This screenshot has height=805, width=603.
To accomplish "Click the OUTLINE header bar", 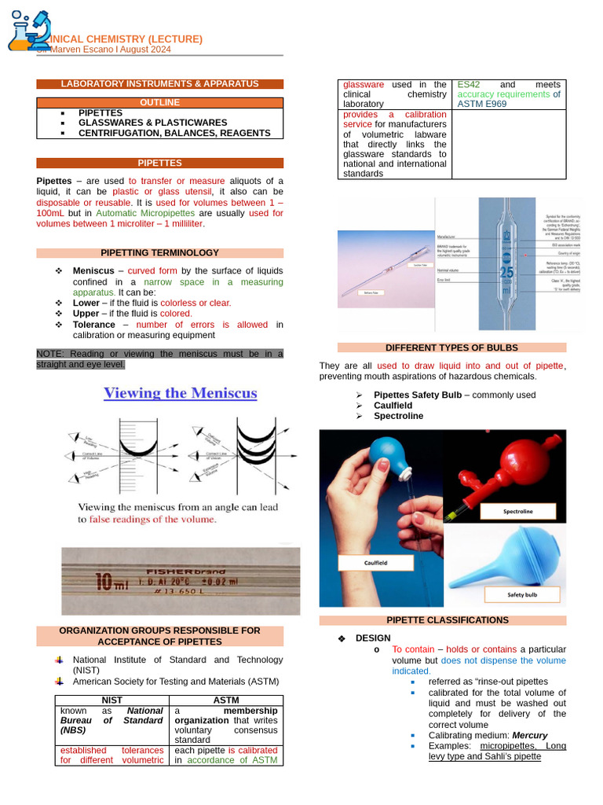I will tap(159, 102).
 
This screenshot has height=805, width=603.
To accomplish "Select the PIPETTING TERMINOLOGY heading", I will tap(159, 253).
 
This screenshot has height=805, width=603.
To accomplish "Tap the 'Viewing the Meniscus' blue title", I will tap(181, 393).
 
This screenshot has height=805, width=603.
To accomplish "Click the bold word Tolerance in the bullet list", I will tap(93, 325).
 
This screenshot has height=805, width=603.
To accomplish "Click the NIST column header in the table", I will tap(111, 700).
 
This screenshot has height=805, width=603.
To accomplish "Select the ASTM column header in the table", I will tap(225, 700).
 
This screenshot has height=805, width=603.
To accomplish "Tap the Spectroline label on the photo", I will tap(517, 512).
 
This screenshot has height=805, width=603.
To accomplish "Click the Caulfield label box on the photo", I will tap(376, 563).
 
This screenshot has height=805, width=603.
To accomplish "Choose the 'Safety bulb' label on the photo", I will tap(522, 595).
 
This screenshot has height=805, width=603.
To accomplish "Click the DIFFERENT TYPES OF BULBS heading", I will tap(451, 347).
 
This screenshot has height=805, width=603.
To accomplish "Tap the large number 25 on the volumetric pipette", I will tap(506, 274).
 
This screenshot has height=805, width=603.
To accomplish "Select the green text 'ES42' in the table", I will tap(469, 84).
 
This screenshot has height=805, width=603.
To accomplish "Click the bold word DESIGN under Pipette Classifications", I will tap(372, 638).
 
